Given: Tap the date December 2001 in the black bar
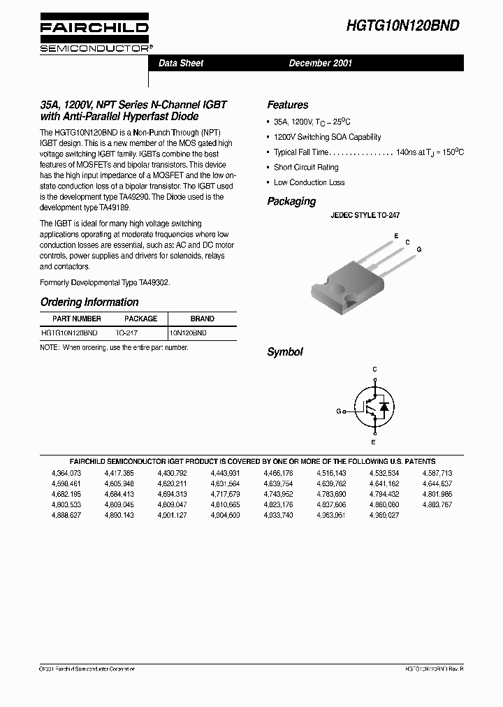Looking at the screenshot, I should pyautogui.click(x=321, y=63).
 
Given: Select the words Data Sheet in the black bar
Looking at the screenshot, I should pyautogui.click(x=181, y=63).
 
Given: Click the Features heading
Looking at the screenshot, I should pyautogui.click(x=287, y=105).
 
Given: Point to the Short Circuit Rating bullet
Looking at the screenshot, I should pyautogui.click(x=305, y=167).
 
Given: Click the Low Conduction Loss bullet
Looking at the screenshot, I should pyautogui.click(x=309, y=182).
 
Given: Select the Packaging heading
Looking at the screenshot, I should pyautogui.click(x=291, y=201).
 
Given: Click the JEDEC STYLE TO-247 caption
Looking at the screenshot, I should pyautogui.click(x=365, y=217).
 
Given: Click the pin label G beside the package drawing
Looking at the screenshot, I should pyautogui.click(x=418, y=249).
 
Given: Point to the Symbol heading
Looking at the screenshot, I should pyautogui.click(x=284, y=352).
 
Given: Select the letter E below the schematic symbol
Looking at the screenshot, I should pyautogui.click(x=374, y=442).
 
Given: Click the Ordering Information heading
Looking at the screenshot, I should pyautogui.click(x=89, y=302).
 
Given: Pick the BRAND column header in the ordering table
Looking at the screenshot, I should pyautogui.click(x=203, y=319).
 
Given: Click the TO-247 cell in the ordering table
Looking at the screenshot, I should pyautogui.click(x=126, y=334).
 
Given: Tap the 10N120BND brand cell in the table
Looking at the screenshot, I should pyautogui.click(x=191, y=334).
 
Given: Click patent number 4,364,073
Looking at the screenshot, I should pyautogui.click(x=66, y=473).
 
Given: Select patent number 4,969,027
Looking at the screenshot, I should pyautogui.click(x=384, y=515).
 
